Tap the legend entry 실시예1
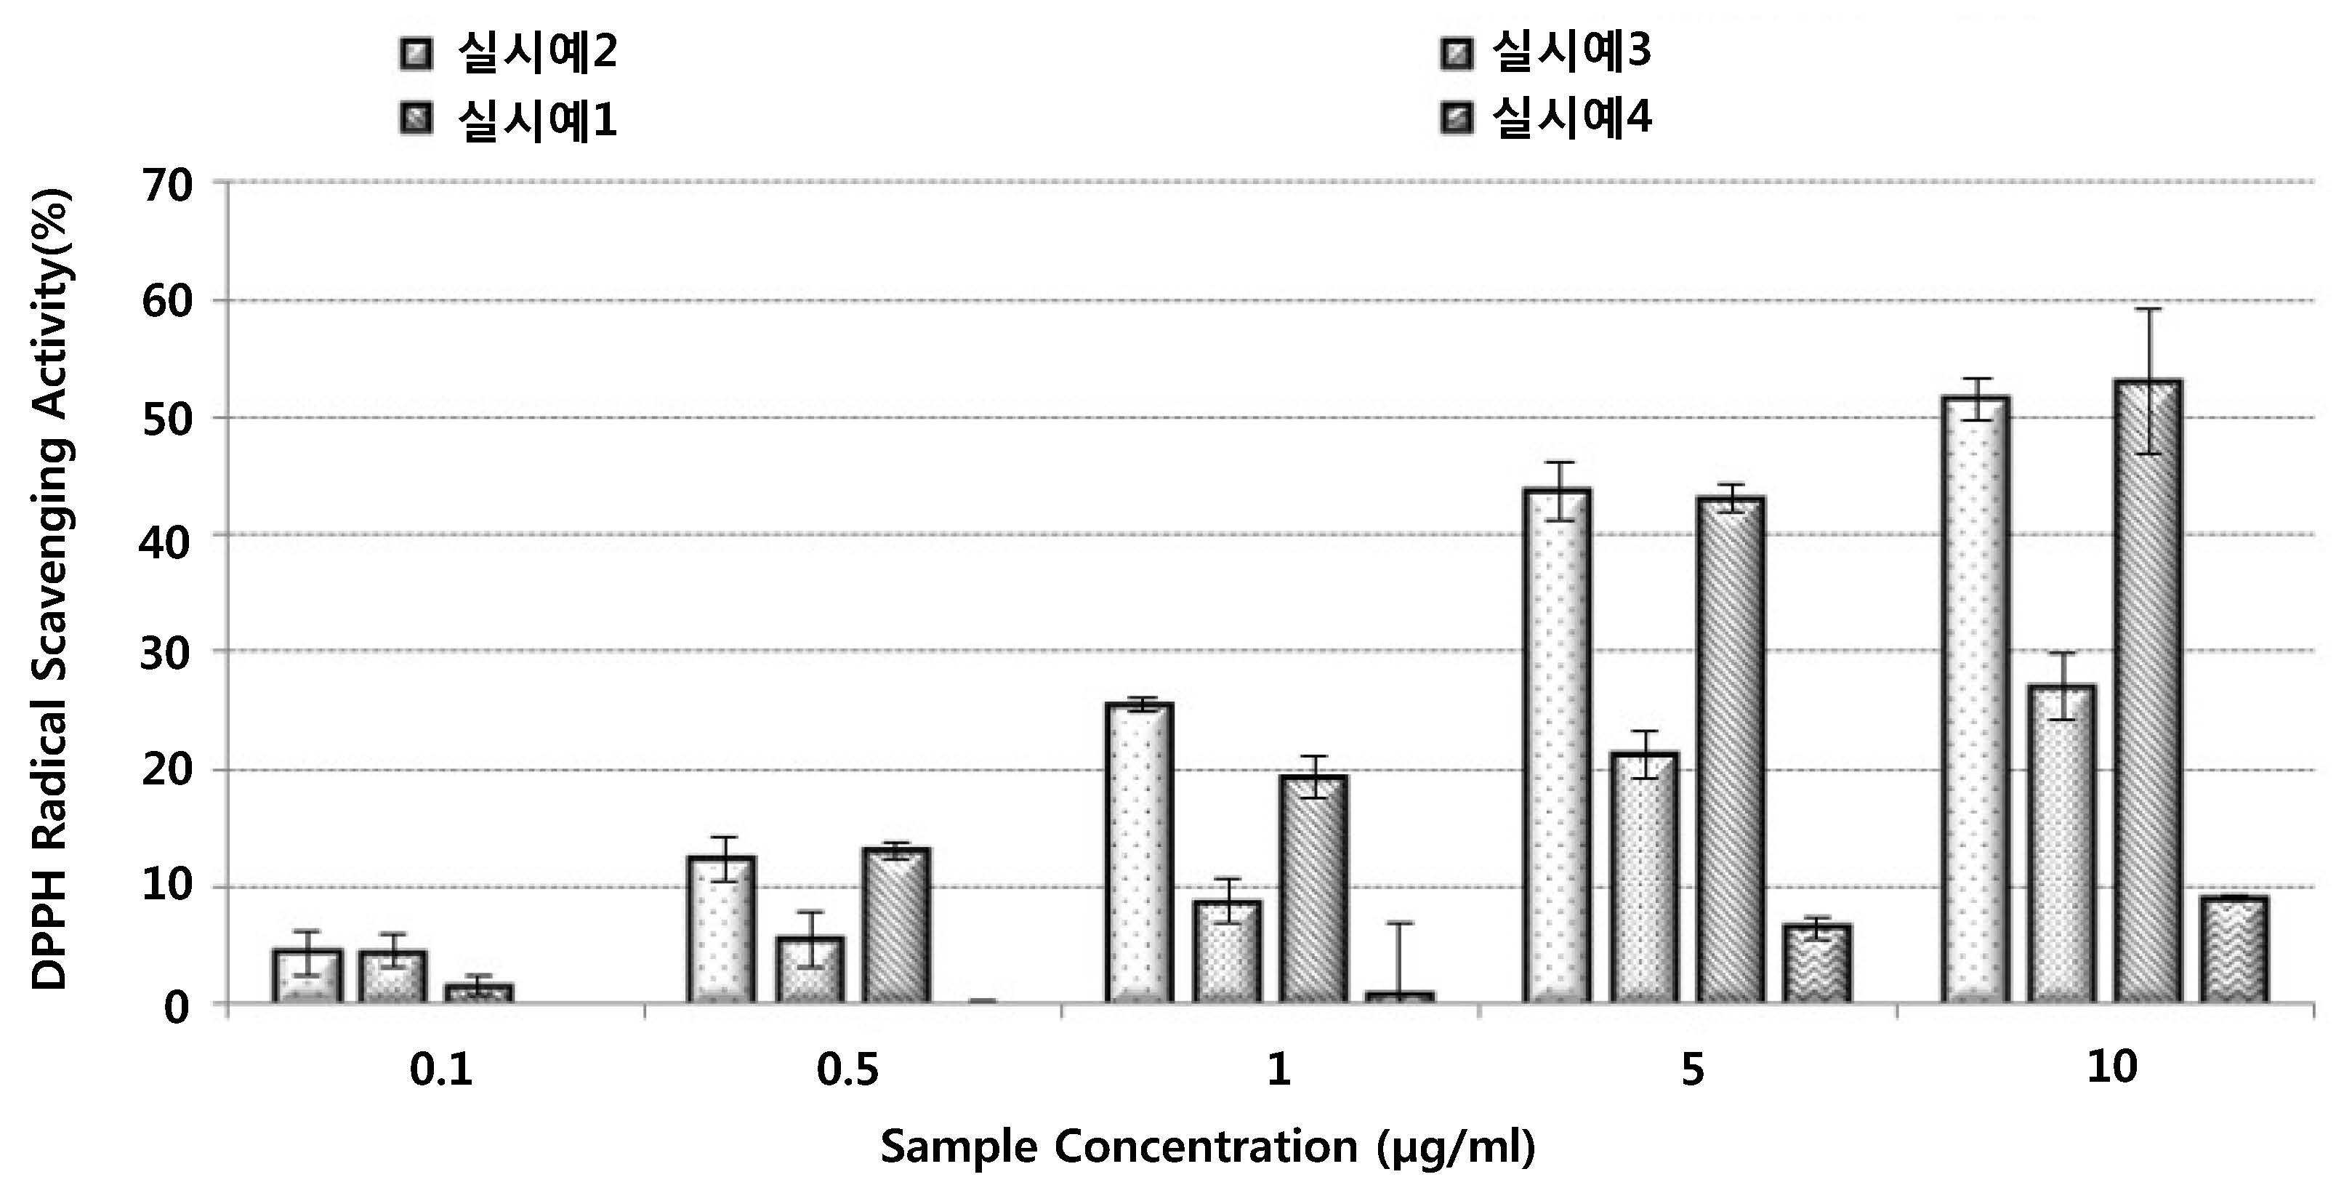click(509, 119)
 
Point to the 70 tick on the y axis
click(167, 185)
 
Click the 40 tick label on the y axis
click(167, 538)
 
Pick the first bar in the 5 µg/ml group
click(1557, 746)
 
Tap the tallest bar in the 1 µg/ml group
click(1139, 853)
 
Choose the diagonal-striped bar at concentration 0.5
click(896, 926)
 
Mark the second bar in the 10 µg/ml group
click(2061, 845)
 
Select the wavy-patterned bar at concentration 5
click(1817, 965)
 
